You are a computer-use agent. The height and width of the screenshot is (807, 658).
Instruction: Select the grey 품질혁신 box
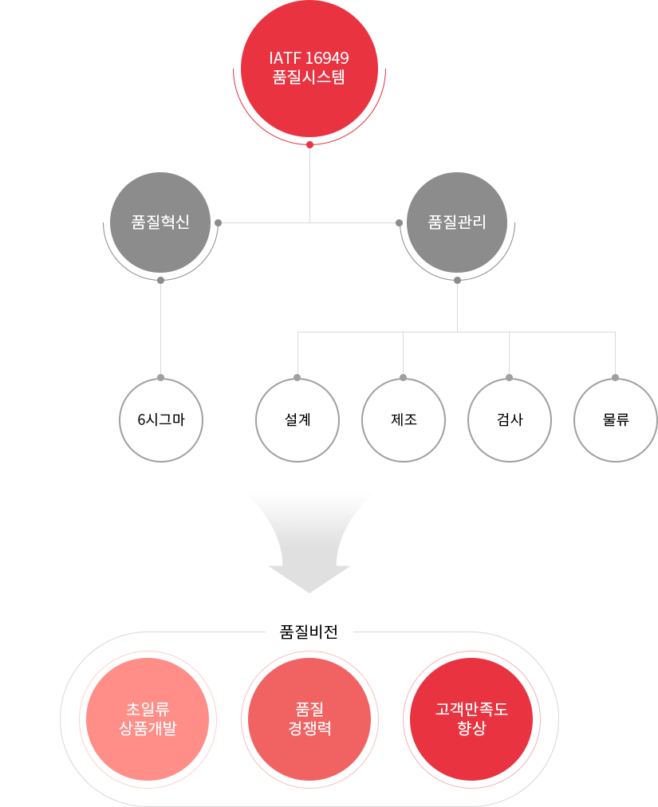point(160,239)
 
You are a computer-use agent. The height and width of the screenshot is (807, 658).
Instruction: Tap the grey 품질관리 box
point(457,239)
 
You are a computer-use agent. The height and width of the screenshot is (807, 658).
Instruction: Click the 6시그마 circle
point(161,419)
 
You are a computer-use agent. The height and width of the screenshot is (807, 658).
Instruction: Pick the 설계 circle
point(297,419)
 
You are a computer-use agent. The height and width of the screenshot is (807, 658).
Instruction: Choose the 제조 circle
point(404,419)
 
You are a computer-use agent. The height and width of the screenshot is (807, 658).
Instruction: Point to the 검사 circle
point(510,419)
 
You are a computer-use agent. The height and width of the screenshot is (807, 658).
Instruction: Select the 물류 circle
point(616,419)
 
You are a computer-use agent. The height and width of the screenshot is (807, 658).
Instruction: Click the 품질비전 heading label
point(309,632)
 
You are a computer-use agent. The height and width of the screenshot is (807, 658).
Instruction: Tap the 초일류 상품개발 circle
point(148,718)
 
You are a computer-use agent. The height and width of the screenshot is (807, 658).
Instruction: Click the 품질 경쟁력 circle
point(309,718)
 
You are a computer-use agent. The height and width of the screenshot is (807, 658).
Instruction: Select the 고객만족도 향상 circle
point(471,718)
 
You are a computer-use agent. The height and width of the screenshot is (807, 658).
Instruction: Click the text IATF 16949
point(309,59)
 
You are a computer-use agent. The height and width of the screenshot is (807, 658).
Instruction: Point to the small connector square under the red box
point(309,146)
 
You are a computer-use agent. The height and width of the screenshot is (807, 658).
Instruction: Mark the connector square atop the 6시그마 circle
point(160,376)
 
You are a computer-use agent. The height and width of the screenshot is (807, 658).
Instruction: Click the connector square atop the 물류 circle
point(614,376)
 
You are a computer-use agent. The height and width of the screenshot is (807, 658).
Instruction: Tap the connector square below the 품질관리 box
point(457,281)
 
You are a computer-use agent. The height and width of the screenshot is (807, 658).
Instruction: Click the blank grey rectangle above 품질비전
point(309,542)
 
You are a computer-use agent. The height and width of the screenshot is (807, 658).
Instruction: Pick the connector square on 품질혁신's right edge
point(218,222)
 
